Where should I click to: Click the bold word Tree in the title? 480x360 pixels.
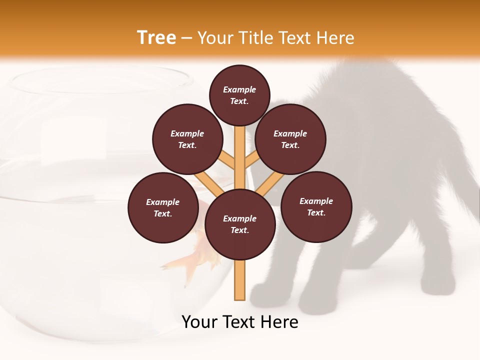point(156,38)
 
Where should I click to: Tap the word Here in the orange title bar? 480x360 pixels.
point(335,38)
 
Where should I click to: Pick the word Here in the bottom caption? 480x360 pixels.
point(281,322)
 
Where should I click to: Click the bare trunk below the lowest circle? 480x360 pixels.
point(240,280)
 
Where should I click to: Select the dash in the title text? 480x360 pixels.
point(186,38)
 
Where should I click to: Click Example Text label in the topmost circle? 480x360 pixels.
point(239,95)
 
